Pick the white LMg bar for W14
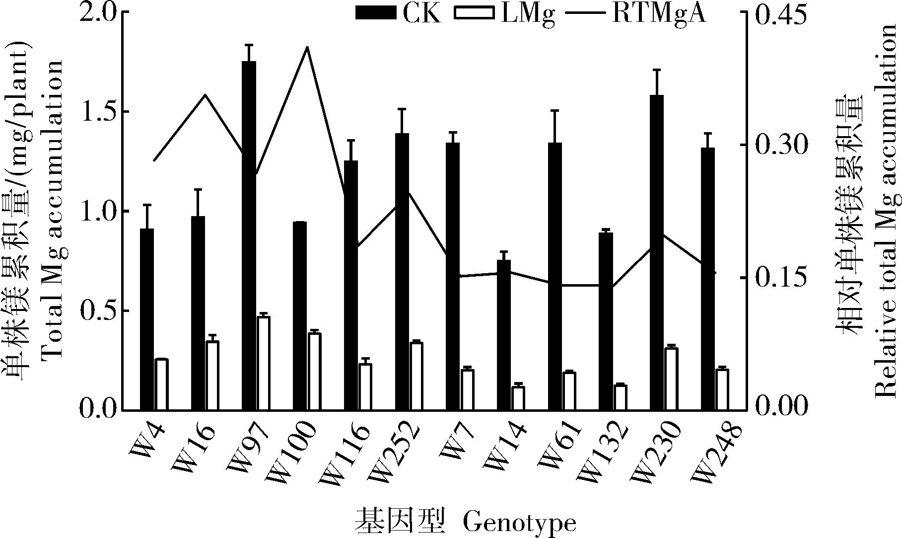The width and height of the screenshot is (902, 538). pyautogui.click(x=518, y=398)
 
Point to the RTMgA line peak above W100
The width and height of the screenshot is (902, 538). pyautogui.click(x=307, y=48)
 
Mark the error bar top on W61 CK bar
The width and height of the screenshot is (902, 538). pyautogui.click(x=555, y=110)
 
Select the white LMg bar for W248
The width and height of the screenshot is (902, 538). pyautogui.click(x=722, y=389)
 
